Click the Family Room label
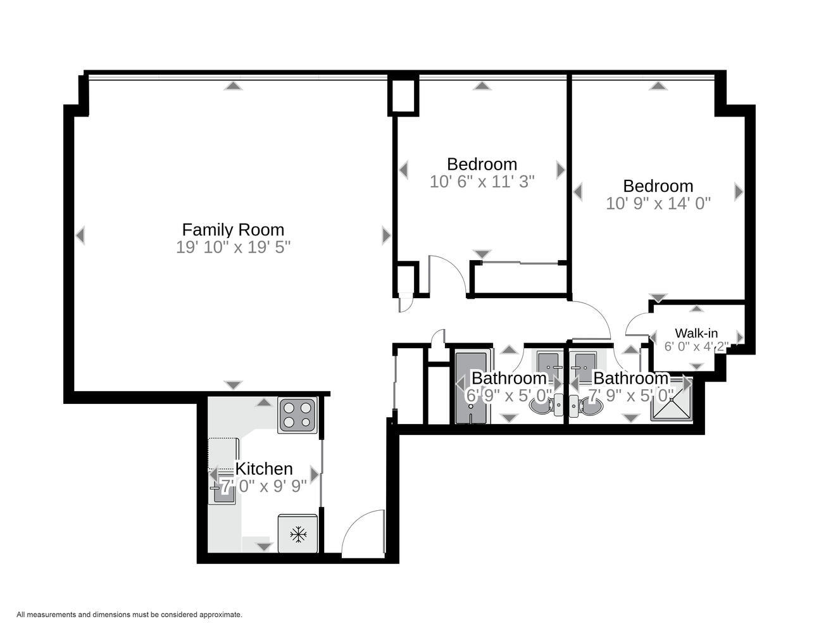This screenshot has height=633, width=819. [x=233, y=229]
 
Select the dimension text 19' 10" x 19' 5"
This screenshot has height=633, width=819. [x=233, y=247]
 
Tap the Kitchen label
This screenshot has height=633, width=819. [x=264, y=468]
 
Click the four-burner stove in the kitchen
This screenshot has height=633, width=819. [x=297, y=415]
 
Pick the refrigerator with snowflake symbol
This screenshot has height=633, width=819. [x=298, y=534]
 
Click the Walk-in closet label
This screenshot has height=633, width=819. [x=696, y=333]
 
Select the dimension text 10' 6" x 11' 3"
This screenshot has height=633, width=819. [x=482, y=182]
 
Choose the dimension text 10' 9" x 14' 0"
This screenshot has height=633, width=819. [x=658, y=203]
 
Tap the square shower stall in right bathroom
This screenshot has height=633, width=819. [x=672, y=401]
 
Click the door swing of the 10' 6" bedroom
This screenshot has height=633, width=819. [x=446, y=275]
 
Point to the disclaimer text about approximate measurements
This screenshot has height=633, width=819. [x=129, y=614]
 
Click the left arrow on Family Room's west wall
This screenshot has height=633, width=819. [x=80, y=235]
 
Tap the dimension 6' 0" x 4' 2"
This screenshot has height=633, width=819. [x=696, y=346]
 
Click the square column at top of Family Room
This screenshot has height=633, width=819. [x=404, y=95]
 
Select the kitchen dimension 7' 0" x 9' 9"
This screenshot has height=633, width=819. [x=264, y=486]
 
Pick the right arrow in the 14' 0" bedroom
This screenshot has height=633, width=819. [x=738, y=192]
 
